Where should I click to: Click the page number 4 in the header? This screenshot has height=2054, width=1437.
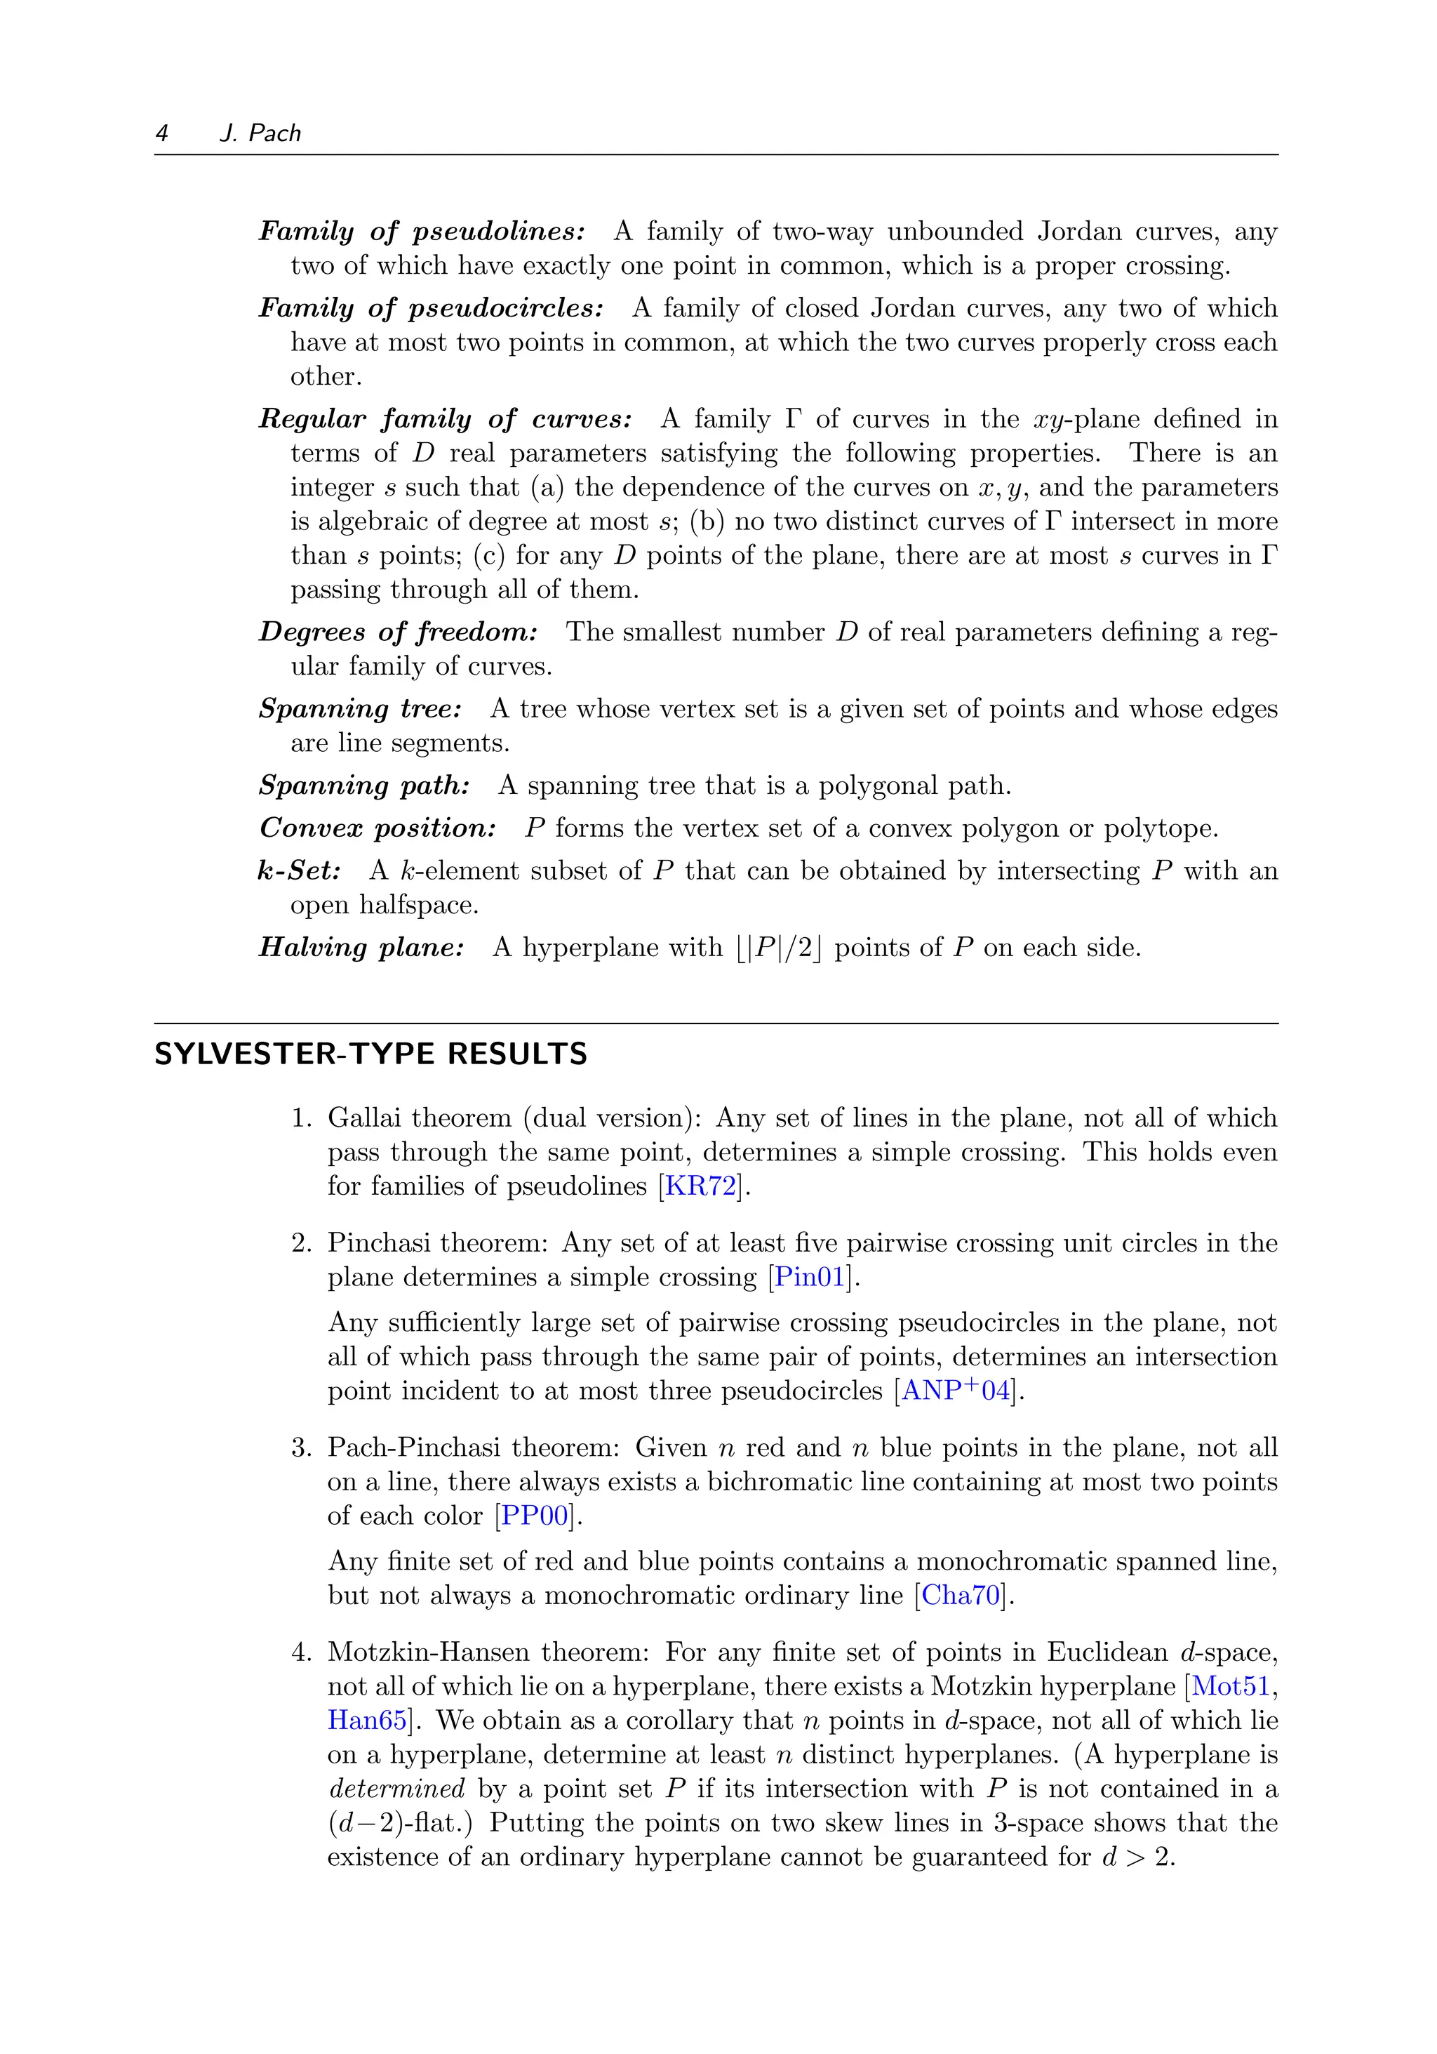(x=162, y=133)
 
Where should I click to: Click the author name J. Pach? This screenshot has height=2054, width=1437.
(x=260, y=133)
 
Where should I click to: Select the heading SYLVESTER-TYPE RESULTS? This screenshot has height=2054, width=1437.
(x=370, y=1054)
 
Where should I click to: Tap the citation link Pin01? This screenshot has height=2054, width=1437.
(x=809, y=1277)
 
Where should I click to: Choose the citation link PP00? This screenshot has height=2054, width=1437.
(x=535, y=1516)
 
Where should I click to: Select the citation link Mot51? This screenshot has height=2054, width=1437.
(x=1231, y=1686)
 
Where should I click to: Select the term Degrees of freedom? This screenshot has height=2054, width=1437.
(x=398, y=632)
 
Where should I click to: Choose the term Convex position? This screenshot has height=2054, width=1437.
(x=377, y=828)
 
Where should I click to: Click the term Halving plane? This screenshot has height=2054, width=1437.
(x=361, y=948)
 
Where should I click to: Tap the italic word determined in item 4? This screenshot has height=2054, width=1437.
(x=396, y=1789)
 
